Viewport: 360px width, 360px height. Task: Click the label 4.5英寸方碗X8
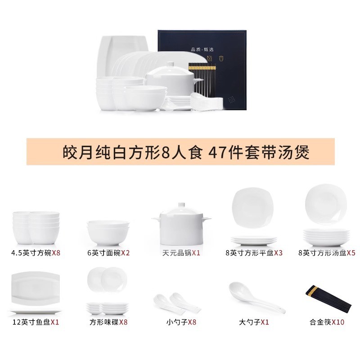click(36, 253)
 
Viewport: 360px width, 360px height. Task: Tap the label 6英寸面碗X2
click(108, 253)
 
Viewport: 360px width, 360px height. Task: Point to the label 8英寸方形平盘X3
click(254, 253)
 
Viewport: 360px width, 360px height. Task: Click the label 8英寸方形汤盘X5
click(327, 253)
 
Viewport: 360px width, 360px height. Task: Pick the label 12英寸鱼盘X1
click(36, 322)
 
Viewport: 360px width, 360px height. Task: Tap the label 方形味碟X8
click(108, 322)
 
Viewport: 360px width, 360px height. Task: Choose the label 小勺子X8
click(181, 322)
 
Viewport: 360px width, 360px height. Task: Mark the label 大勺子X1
click(254, 322)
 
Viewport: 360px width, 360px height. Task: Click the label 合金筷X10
click(327, 322)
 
